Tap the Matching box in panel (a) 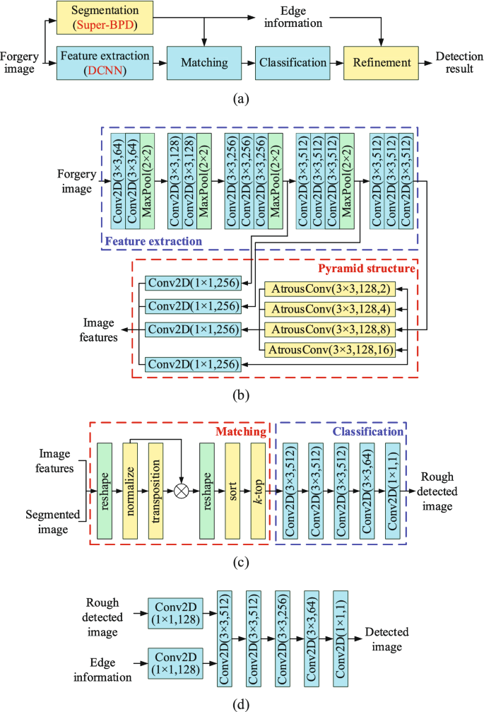point(204,62)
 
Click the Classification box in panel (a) point(293,62)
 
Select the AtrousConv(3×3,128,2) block point(329,289)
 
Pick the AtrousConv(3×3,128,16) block point(329,349)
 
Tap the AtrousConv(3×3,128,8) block point(329,329)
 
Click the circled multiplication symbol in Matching point(181,489)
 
